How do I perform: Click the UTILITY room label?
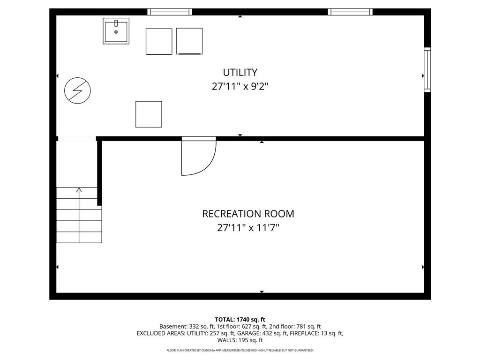pyautogui.click(x=240, y=72)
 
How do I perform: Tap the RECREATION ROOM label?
pyautogui.click(x=248, y=214)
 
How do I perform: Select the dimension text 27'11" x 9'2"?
pyautogui.click(x=240, y=87)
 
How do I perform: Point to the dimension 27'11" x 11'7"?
pyautogui.click(x=248, y=228)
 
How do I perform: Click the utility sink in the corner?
pyautogui.click(x=116, y=31)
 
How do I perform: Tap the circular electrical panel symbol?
pyautogui.click(x=77, y=90)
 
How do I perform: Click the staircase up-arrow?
pyautogui.click(x=79, y=190)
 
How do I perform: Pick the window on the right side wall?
pyautogui.click(x=427, y=69)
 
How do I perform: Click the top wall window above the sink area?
pyautogui.click(x=170, y=12)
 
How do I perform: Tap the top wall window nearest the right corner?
pyautogui.click(x=350, y=12)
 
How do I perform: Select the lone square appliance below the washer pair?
pyautogui.click(x=149, y=114)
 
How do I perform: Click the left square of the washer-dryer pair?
pyautogui.click(x=159, y=41)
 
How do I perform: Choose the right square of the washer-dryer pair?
pyautogui.click(x=189, y=41)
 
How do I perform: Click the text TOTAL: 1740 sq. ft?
pyautogui.click(x=240, y=320)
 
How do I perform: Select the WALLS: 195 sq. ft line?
pyautogui.click(x=240, y=340)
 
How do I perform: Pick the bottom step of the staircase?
pyautogui.click(x=79, y=237)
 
